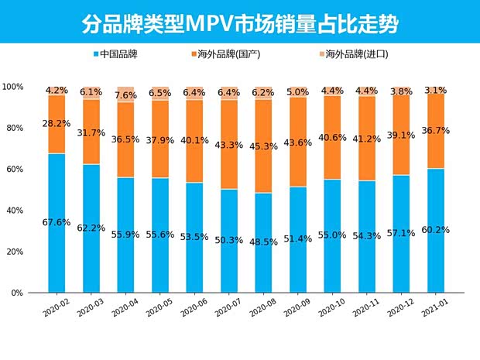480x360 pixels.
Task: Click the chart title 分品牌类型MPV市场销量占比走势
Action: (239, 23)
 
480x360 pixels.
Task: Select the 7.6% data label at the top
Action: (127, 96)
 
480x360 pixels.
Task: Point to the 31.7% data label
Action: (92, 132)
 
